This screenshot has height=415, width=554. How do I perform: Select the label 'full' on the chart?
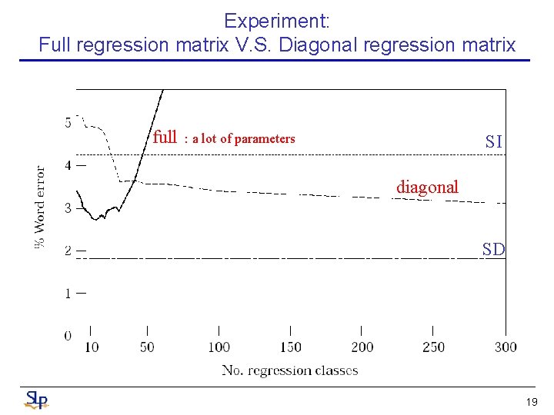[165, 138]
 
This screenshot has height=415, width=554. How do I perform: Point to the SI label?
[493, 141]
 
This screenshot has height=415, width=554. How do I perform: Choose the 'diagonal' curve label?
[427, 187]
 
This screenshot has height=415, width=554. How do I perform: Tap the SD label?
[493, 249]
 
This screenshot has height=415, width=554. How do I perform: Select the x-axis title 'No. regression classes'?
[290, 370]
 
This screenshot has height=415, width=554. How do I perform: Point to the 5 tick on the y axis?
[68, 122]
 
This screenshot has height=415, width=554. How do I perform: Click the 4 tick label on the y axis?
[68, 164]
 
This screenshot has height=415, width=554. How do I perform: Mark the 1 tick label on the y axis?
[68, 293]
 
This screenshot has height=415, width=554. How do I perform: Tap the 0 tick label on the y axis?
[68, 335]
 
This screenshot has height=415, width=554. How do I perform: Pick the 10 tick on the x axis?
[91, 347]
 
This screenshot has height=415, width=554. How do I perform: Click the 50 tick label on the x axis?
[147, 347]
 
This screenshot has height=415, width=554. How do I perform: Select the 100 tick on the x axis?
[219, 347]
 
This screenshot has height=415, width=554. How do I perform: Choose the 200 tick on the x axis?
[362, 347]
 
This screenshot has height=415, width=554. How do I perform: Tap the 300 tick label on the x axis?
[506, 347]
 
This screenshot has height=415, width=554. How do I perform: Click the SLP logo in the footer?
[36, 400]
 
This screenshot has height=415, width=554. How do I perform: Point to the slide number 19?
[531, 402]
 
